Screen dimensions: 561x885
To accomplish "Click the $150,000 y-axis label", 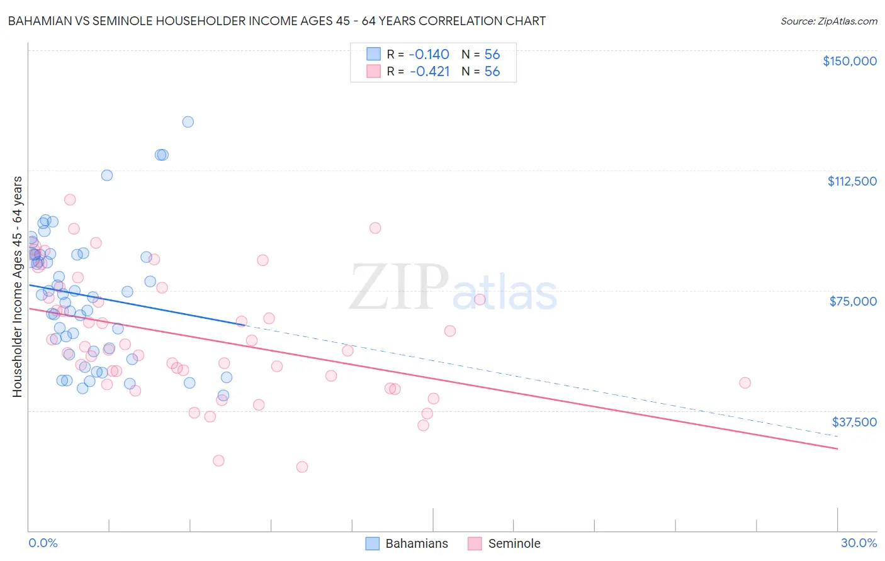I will (x=849, y=61).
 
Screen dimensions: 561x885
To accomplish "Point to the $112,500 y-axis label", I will (x=852, y=181).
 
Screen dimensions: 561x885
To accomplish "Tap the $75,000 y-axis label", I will (x=853, y=301).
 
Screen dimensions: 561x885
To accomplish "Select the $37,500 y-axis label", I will (x=854, y=422).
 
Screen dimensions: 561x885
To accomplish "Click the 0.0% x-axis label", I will (x=43, y=543).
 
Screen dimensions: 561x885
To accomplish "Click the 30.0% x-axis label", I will (x=859, y=543).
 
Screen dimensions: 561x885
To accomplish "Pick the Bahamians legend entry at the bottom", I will (x=408, y=543).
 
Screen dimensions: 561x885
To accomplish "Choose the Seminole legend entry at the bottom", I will (x=505, y=543).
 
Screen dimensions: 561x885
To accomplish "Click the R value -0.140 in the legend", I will (x=429, y=55).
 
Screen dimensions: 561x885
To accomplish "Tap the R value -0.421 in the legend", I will (x=429, y=72).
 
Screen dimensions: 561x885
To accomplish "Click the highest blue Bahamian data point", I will (x=188, y=122).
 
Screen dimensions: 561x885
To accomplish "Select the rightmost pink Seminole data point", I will (x=745, y=383).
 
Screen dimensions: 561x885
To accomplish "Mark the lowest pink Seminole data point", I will (x=302, y=467).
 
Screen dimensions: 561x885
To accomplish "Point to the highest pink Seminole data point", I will (x=70, y=199).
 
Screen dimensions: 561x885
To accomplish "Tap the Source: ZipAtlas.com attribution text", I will (x=828, y=21).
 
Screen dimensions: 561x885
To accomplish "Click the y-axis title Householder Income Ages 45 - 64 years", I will (x=18, y=286).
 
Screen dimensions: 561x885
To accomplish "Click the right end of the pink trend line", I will (x=837, y=448).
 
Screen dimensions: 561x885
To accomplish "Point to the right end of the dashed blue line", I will (x=837, y=436).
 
